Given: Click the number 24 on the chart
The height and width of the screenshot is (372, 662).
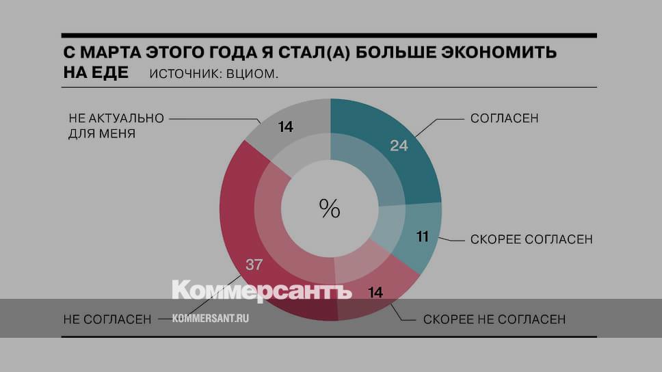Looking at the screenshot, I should tap(399, 145).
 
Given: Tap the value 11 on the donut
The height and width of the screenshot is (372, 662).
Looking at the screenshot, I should tap(422, 237).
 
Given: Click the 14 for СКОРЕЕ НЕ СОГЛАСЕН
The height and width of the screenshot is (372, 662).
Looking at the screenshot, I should tap(374, 293).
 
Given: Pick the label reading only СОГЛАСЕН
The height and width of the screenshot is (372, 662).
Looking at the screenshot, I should tap(505, 118).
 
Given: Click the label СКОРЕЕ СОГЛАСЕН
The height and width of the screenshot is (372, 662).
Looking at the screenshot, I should tap(531, 239).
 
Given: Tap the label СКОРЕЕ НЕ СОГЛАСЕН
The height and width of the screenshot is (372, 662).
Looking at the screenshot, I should tap(494, 319).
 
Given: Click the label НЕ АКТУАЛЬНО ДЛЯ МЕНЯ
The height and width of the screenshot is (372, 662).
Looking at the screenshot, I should tap(116, 126).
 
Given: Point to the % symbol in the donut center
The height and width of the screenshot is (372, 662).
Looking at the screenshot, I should tap(330, 208).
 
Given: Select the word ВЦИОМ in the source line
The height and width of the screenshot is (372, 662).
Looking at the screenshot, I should tap(255, 74).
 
